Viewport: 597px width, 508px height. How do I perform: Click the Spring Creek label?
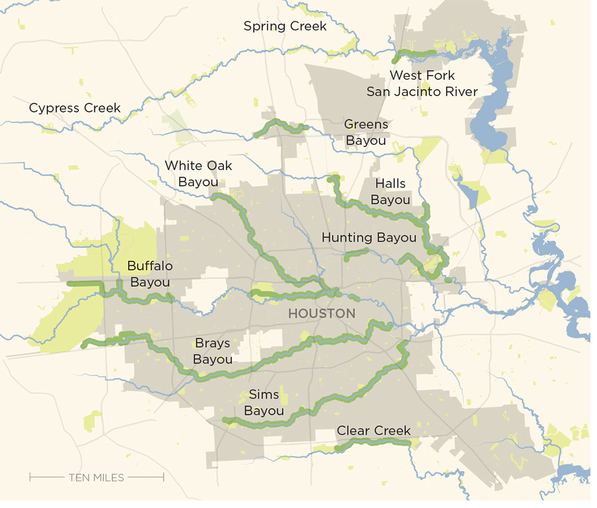click(x=285, y=26)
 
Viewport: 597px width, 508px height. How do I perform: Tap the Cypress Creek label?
click(x=75, y=109)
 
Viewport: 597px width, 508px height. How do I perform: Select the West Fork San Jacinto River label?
click(x=422, y=83)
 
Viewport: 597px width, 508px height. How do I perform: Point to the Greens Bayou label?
click(x=366, y=132)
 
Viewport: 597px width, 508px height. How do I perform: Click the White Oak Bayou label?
click(x=198, y=174)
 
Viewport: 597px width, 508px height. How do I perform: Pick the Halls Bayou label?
click(x=390, y=191)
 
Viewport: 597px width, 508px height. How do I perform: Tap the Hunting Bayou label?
click(x=369, y=237)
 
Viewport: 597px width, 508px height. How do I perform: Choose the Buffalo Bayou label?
click(x=149, y=274)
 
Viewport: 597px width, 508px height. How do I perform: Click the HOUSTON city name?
click(x=322, y=314)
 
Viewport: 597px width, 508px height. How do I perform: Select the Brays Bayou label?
click(x=213, y=351)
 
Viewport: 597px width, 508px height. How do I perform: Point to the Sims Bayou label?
click(x=264, y=403)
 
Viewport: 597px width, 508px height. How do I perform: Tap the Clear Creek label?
click(x=374, y=430)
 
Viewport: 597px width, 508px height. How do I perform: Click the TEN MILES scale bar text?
click(x=96, y=477)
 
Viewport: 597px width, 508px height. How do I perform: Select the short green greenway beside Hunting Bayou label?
click(x=358, y=253)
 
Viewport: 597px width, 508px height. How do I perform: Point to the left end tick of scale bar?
click(x=30, y=477)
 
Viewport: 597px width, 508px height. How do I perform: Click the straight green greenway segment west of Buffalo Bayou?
click(x=84, y=284)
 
